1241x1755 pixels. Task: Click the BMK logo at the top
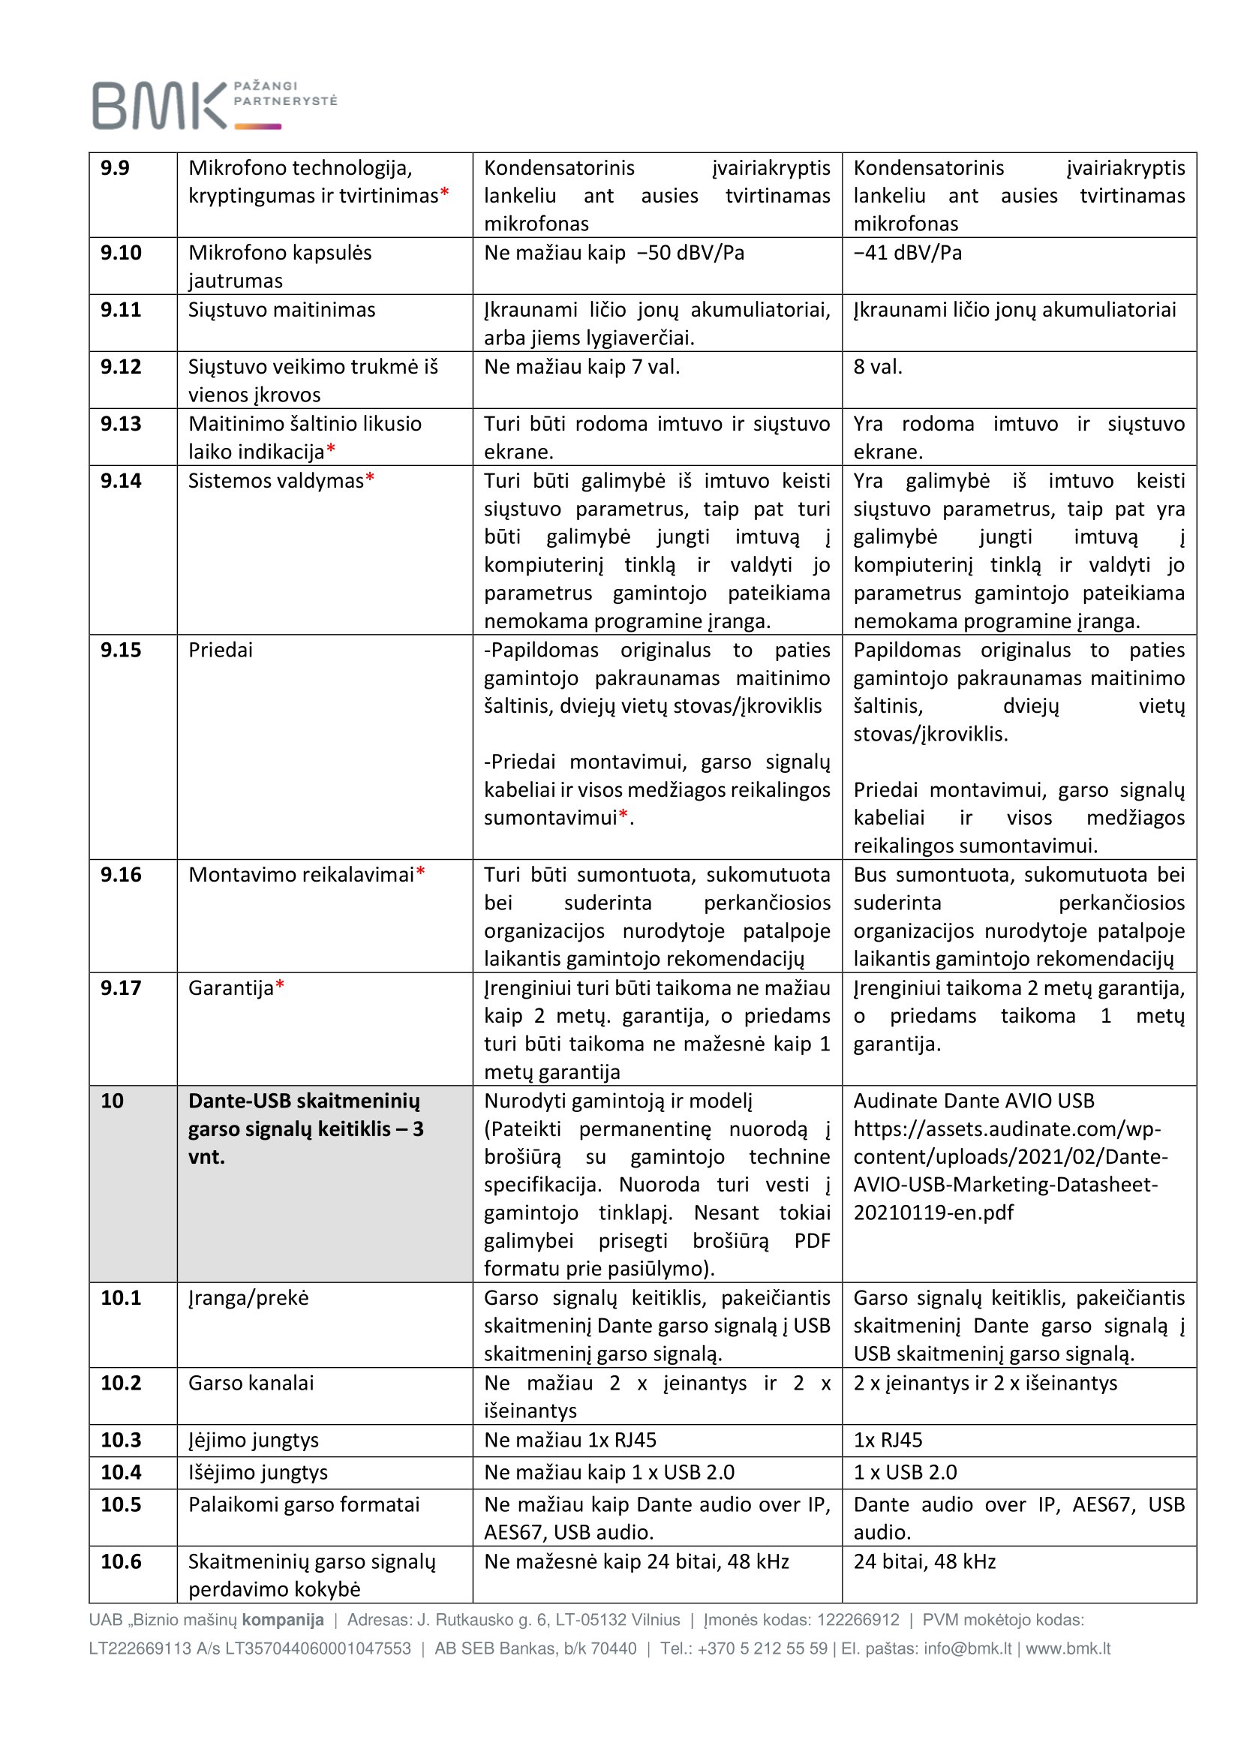(214, 105)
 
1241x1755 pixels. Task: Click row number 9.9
(116, 168)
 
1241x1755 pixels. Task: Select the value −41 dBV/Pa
(907, 253)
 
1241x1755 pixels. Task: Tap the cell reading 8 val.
(877, 367)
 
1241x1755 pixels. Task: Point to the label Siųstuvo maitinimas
(281, 310)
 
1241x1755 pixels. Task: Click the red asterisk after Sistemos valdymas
(370, 479)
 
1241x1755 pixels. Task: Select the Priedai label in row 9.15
(220, 650)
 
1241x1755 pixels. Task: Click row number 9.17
(121, 987)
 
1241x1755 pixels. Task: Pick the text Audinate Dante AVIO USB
(974, 1101)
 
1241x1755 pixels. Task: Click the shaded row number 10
(113, 1101)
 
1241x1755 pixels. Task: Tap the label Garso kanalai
(251, 1383)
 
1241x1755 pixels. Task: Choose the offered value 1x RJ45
(887, 1440)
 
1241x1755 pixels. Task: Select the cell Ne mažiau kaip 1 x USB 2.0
(609, 1472)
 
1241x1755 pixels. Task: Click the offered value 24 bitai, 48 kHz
(924, 1561)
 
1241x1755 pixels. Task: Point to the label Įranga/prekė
(248, 1298)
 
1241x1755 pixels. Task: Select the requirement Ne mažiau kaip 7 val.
(581, 367)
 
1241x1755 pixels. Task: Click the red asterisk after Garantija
(280, 986)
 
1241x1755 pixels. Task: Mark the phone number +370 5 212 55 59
(762, 1648)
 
